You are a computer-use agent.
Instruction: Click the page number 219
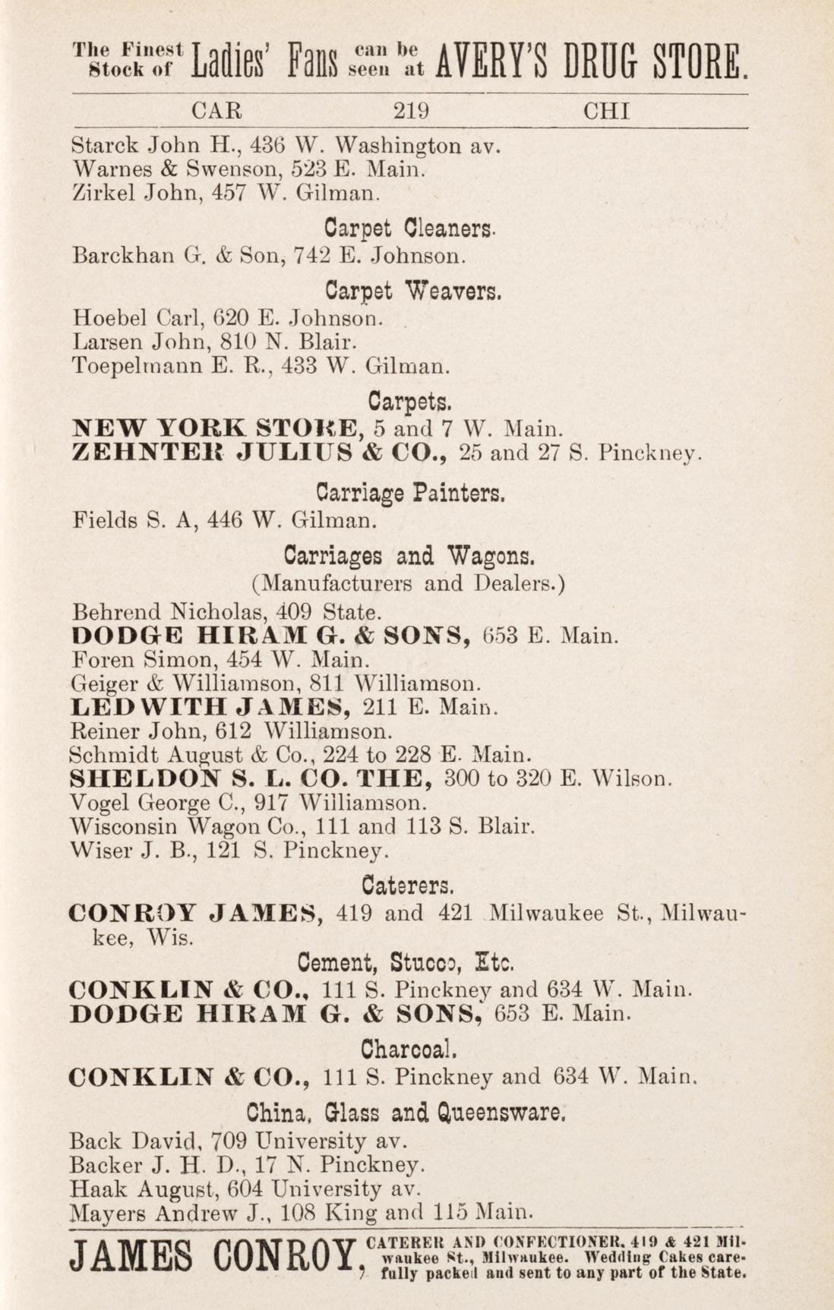pos(412,112)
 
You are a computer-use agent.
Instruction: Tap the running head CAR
pos(216,112)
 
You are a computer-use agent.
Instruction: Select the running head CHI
pos(606,112)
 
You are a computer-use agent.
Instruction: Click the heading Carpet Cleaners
pos(411,228)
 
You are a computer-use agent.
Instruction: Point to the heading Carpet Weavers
pos(414,291)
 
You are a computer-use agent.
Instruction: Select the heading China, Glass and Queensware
pos(408,1113)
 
